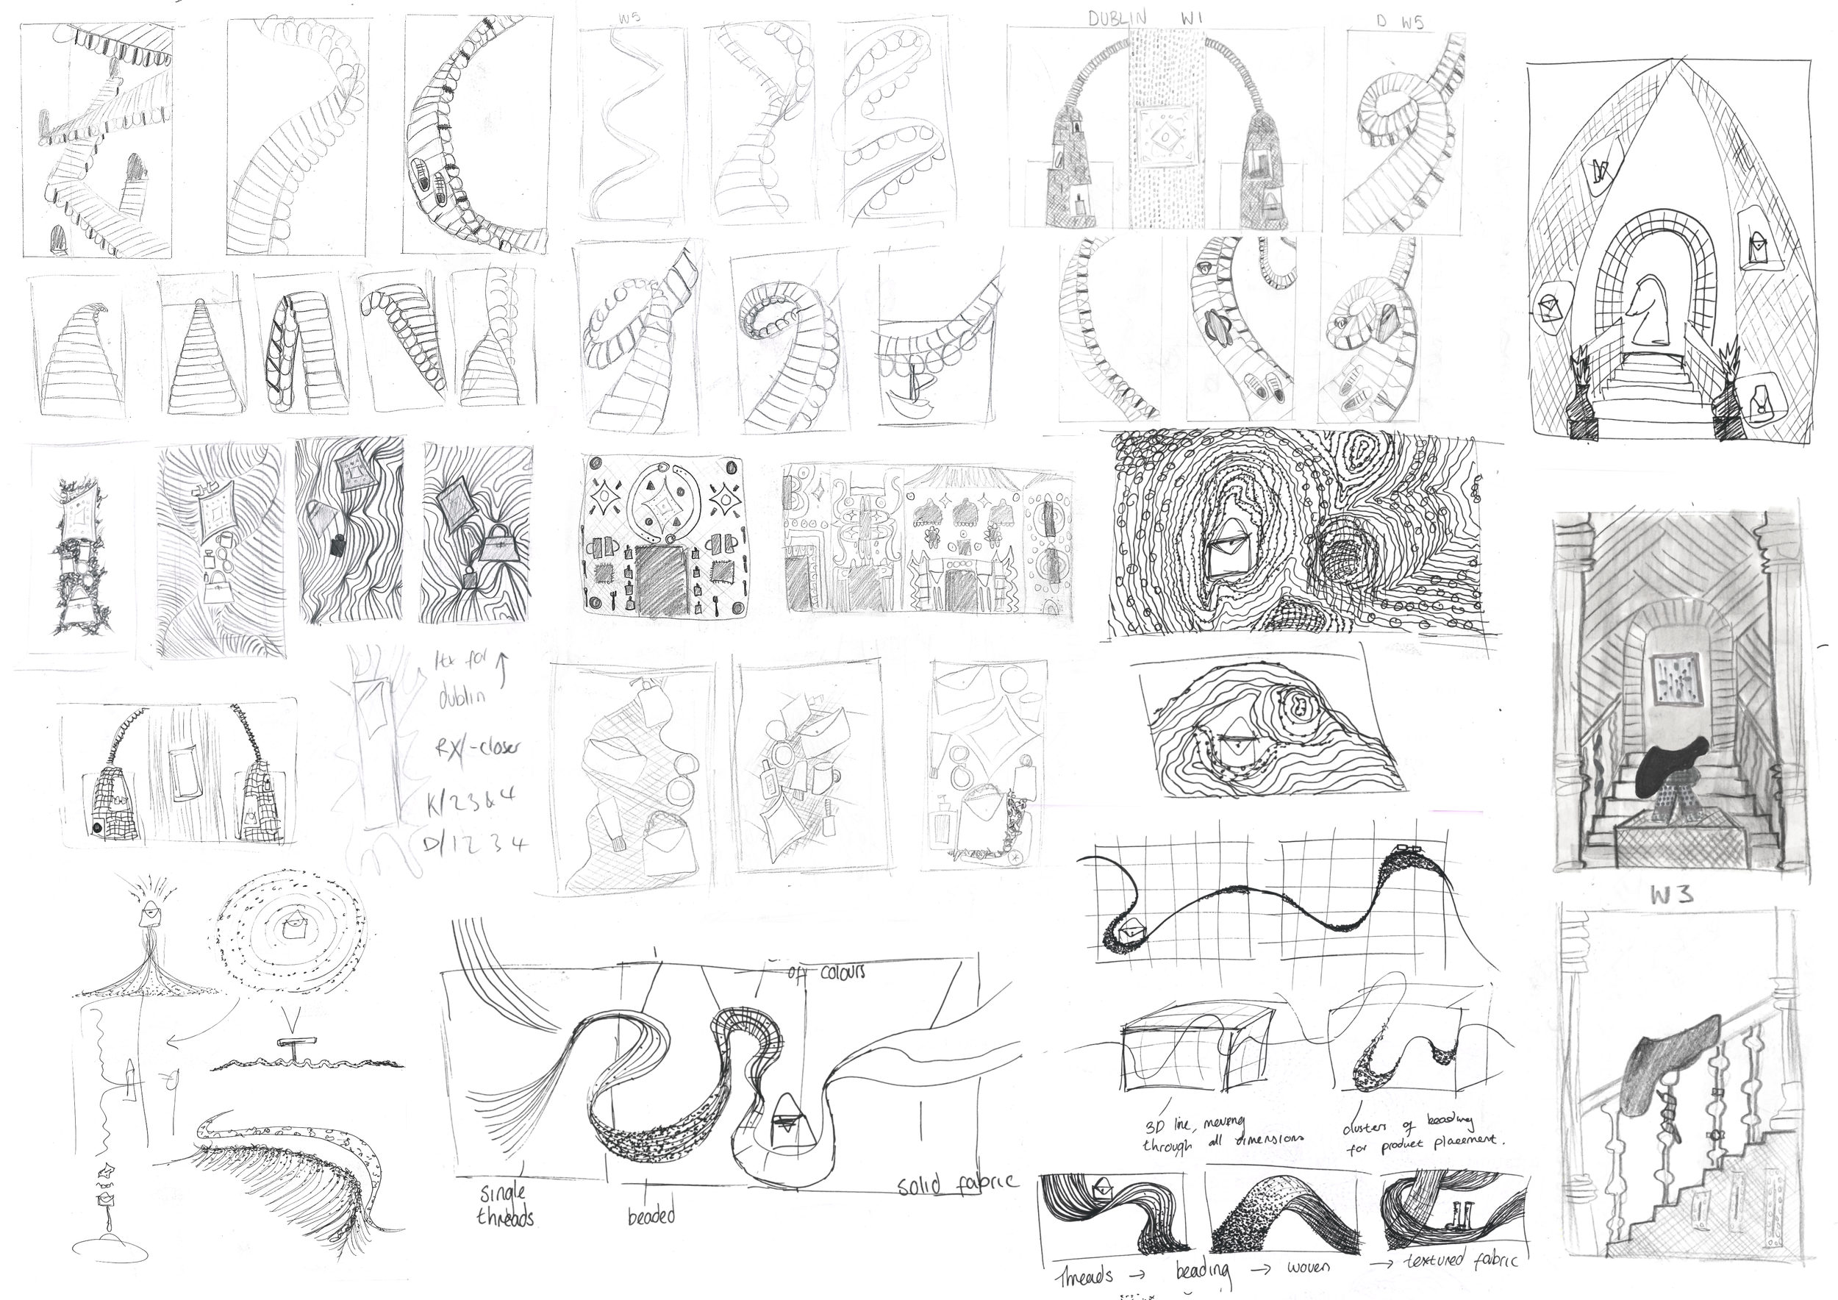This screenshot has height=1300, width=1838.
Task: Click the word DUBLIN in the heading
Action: click(x=1118, y=18)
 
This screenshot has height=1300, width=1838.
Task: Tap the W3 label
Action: click(x=1672, y=895)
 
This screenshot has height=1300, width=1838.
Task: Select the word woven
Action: click(x=1308, y=1266)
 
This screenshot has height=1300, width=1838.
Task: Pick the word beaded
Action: click(x=651, y=1216)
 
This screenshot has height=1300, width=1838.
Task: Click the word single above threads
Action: click(x=503, y=1193)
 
